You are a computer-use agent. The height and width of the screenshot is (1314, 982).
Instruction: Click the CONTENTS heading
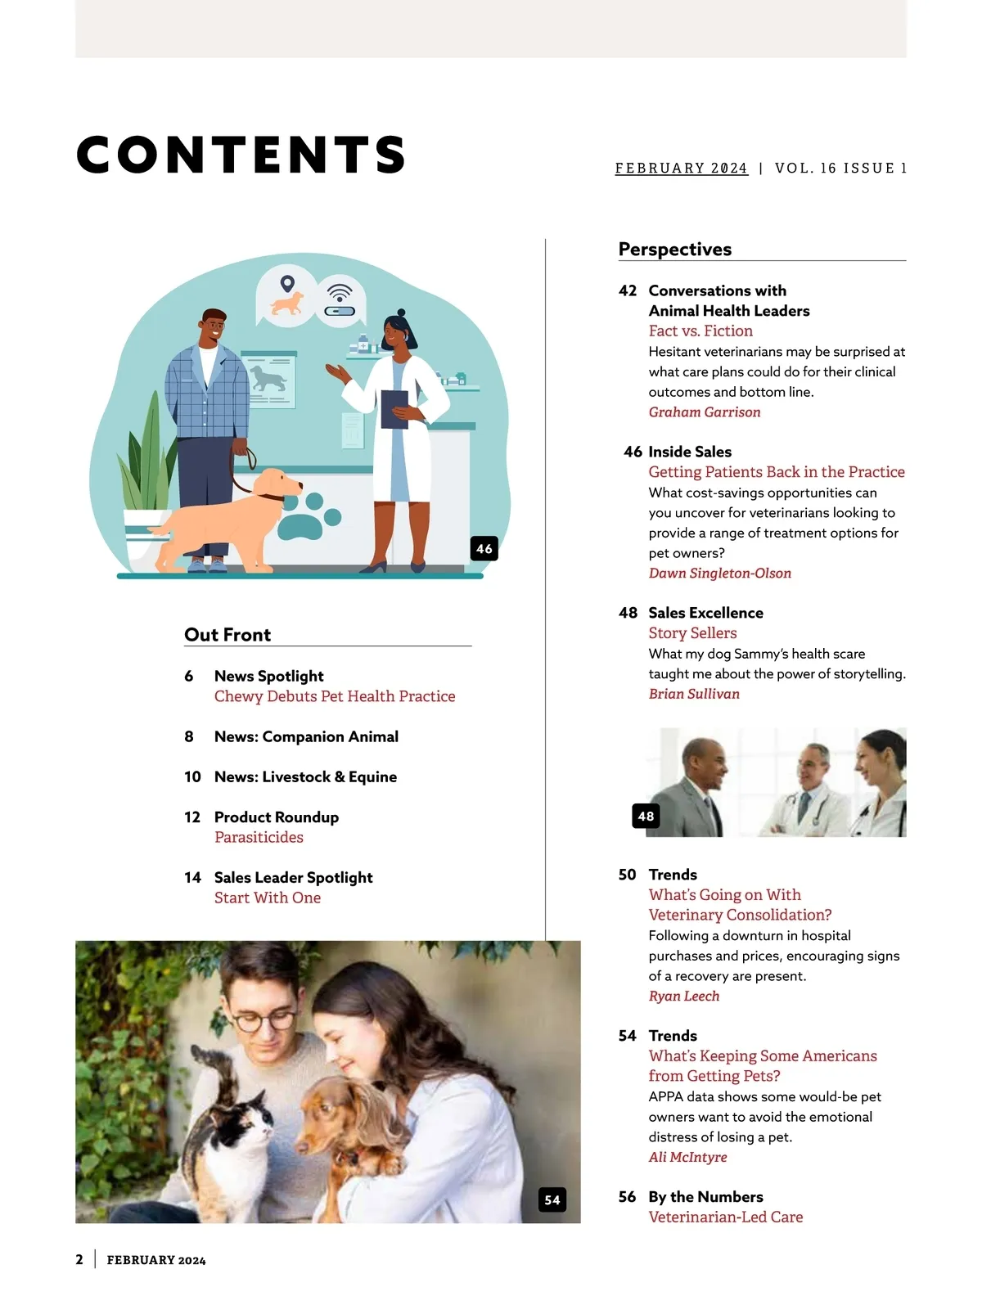241,155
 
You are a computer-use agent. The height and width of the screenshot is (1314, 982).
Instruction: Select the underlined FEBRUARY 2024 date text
681,169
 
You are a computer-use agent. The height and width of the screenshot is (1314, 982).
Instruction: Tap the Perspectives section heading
675,250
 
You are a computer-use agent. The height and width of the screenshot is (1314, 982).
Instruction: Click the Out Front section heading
227,635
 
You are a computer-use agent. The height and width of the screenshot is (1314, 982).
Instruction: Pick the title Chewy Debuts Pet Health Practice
335,696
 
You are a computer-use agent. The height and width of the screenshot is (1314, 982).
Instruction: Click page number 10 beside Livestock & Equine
192,776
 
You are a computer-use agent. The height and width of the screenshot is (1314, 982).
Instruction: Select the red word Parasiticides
259,837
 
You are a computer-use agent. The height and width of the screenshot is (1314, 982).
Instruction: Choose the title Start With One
268,898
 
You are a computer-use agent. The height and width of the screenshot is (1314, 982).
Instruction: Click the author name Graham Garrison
705,412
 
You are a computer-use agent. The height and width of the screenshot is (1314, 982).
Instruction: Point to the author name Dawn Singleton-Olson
720,574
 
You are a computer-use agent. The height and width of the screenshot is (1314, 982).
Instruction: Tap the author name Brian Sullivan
694,694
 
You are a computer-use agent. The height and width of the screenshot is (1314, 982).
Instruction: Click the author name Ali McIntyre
687,1157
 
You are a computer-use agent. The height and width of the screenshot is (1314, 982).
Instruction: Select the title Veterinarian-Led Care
726,1217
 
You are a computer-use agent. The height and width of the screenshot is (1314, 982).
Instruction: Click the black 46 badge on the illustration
484,548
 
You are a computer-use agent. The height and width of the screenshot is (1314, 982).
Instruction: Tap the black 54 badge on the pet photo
552,1199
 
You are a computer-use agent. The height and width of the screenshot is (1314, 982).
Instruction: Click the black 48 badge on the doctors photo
646,816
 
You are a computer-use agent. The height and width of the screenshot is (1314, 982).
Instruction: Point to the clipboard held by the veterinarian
394,408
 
